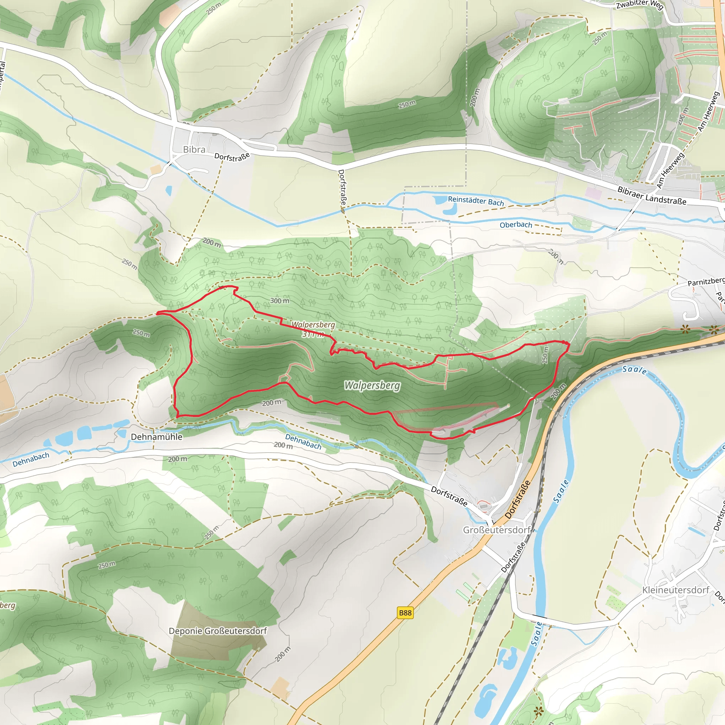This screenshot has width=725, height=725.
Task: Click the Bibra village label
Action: click(194, 149)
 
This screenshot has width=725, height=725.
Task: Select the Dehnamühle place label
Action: click(156, 437)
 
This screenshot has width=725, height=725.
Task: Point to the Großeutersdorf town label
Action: click(496, 530)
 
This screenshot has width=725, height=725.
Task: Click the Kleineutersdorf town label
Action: click(675, 590)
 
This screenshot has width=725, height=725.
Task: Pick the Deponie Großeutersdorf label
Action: click(218, 631)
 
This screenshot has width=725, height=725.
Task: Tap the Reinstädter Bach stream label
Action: click(476, 201)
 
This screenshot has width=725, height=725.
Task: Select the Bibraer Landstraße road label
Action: click(652, 196)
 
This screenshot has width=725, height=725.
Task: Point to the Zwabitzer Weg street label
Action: click(640, 5)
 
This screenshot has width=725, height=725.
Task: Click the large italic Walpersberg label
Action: click(372, 386)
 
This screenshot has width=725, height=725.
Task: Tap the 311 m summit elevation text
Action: click(312, 334)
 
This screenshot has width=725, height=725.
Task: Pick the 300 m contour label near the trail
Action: click(280, 301)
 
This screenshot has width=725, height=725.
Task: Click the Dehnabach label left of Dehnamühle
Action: click(31, 460)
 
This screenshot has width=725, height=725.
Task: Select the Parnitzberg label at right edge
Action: click(706, 281)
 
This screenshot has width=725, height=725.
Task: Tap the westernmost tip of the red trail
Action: click(157, 313)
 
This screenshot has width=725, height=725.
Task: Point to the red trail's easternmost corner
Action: click(569, 343)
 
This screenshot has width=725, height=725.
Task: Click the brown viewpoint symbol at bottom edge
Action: click(539, 710)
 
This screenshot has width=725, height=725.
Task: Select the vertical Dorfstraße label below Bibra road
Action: click(342, 187)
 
